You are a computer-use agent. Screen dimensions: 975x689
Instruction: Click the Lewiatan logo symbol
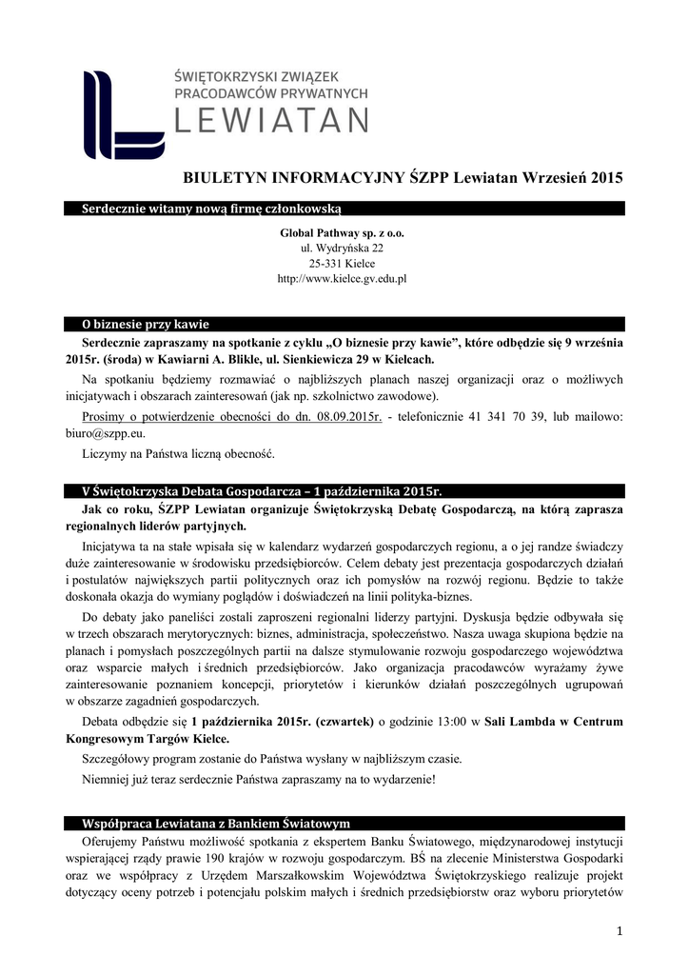[x=122, y=113]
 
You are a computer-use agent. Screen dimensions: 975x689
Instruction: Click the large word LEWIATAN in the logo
[x=272, y=120]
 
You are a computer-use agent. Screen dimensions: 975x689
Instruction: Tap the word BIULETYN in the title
[x=229, y=177]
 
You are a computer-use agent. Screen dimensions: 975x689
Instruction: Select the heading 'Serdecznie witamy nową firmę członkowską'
[x=205, y=209]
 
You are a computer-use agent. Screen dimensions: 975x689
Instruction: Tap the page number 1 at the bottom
[x=619, y=929]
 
